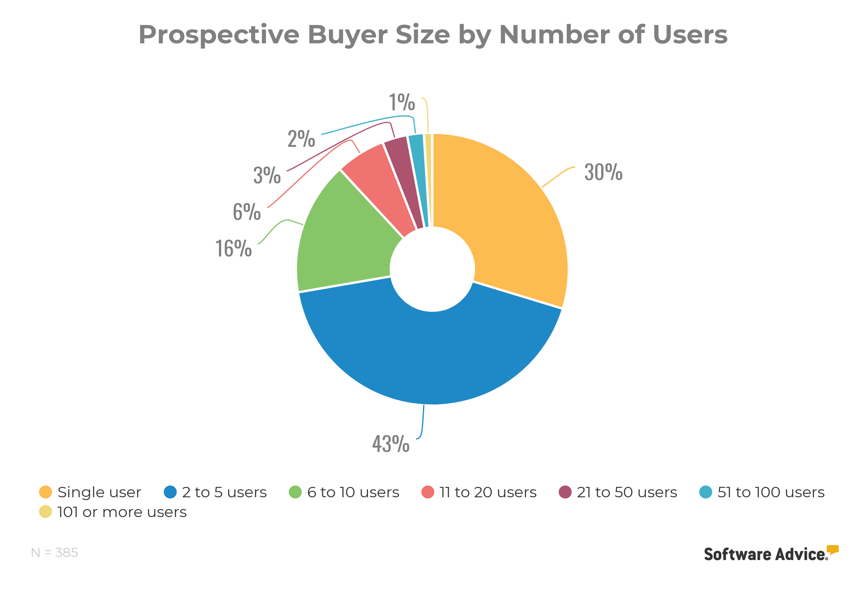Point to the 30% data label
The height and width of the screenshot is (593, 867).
pos(603,172)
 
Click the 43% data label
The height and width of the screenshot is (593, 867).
pos(390,444)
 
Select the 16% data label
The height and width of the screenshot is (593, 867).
pos(233,248)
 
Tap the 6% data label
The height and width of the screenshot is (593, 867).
pos(247,212)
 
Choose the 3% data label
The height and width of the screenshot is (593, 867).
pos(267,175)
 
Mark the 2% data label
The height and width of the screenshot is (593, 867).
pos(301,139)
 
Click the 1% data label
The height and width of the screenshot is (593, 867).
pos(402,102)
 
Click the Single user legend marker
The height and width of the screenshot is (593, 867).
pos(45,492)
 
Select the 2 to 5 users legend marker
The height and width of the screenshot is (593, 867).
pos(170,492)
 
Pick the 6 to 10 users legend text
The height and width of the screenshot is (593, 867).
pos(353,492)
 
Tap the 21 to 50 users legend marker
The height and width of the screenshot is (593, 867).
pos(565,492)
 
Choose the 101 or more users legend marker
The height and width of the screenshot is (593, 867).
pos(45,512)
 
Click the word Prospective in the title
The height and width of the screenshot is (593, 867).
pos(218,35)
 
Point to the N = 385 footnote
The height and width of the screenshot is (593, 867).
pos(54,552)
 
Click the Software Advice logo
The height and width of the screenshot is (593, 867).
pos(771,554)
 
